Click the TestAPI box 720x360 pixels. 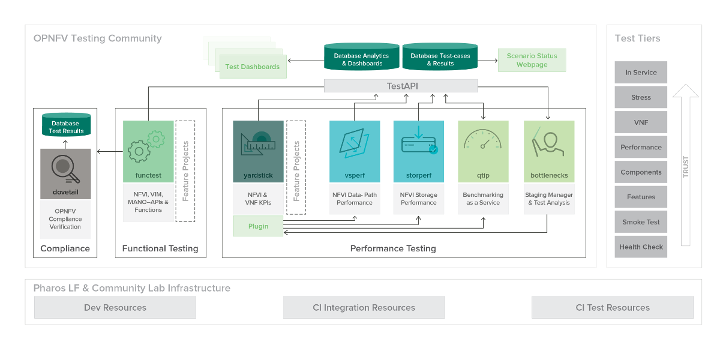(401, 86)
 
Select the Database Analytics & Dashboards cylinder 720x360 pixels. (362, 57)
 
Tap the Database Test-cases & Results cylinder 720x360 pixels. (440, 57)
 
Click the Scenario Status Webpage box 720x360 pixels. (532, 60)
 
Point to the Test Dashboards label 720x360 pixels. (252, 67)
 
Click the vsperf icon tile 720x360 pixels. (354, 144)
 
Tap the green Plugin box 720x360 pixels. (258, 226)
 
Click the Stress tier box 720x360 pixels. (641, 97)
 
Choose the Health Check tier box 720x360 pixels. (641, 247)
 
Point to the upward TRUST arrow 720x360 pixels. (686, 165)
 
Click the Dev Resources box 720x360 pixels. (115, 307)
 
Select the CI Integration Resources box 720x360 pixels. (364, 307)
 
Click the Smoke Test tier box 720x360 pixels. (641, 222)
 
